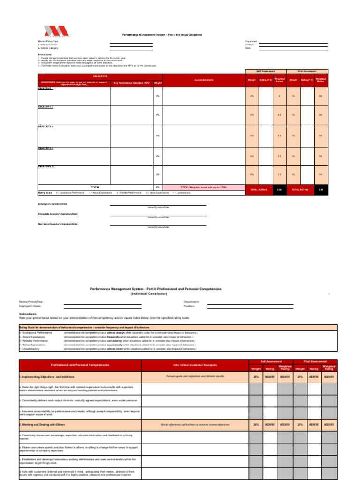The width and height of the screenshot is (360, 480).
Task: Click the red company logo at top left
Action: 56,31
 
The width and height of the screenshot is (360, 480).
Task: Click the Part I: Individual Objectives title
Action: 162,35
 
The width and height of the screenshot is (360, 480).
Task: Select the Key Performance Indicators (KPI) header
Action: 131,83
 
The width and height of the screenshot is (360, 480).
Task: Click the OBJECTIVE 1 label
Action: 46,88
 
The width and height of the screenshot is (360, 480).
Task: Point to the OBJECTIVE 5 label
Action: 46,166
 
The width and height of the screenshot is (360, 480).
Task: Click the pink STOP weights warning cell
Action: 203,187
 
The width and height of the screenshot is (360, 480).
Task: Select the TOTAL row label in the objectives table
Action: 95,187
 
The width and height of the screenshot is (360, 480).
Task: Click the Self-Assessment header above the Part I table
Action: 265,71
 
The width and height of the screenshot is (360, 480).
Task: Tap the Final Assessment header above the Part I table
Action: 307,71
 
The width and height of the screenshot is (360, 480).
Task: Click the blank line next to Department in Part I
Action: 293,41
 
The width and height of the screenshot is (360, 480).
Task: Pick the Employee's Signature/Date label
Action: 53,204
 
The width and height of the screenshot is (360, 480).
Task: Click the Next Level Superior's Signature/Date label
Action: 58,224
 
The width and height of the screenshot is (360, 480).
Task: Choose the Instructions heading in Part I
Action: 45,54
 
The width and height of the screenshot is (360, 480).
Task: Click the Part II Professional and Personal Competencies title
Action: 156,289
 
